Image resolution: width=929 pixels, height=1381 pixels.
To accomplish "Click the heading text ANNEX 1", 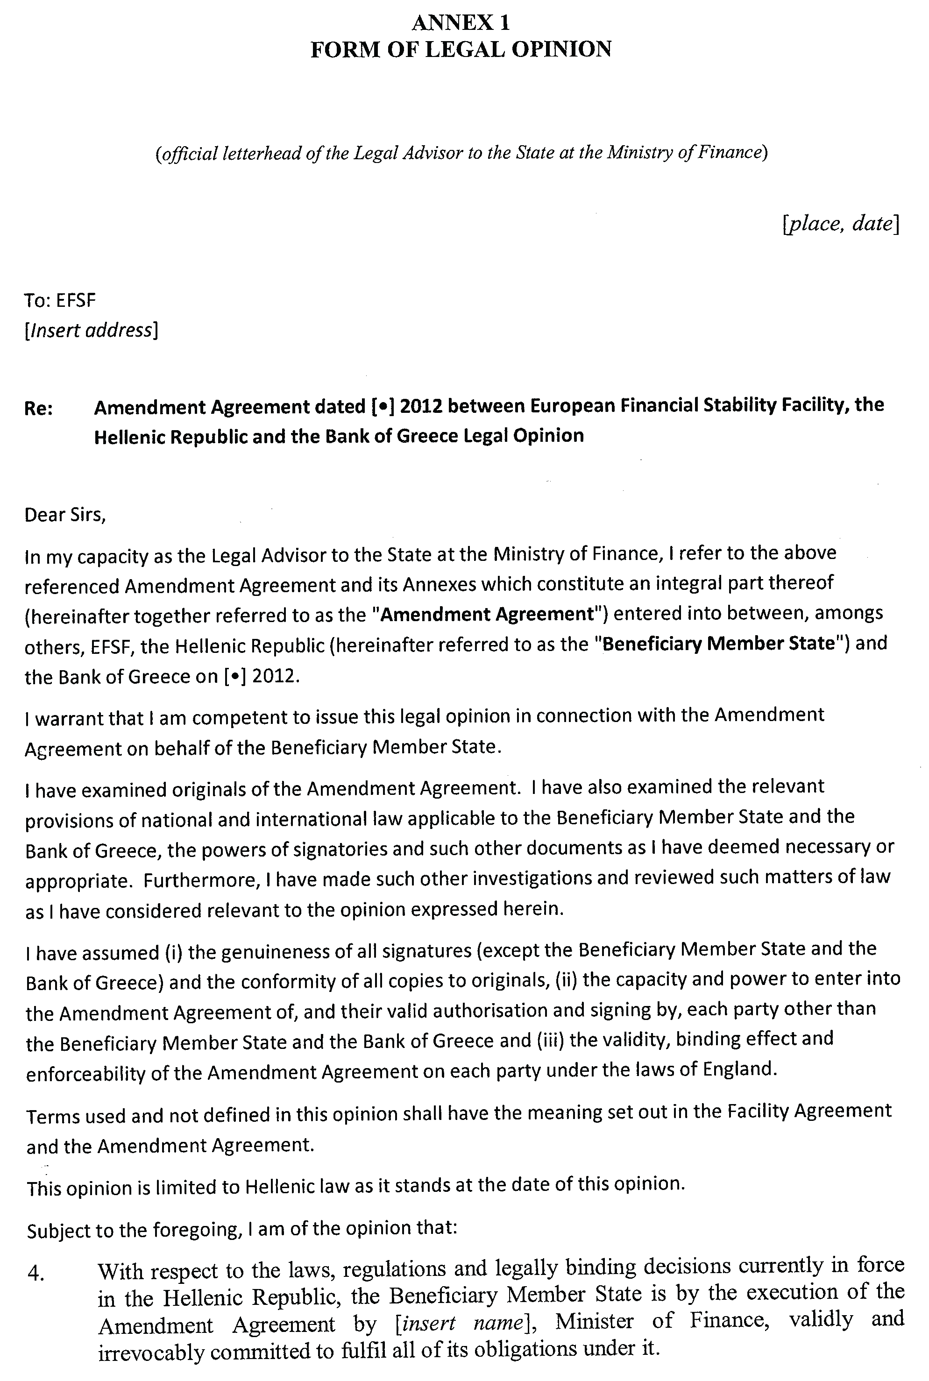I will pos(461,22).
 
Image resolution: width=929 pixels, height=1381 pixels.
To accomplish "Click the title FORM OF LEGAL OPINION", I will pos(461,49).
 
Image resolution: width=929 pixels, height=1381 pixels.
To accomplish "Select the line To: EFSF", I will pos(60,300).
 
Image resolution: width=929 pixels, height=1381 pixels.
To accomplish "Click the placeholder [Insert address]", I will pos(91,330).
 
